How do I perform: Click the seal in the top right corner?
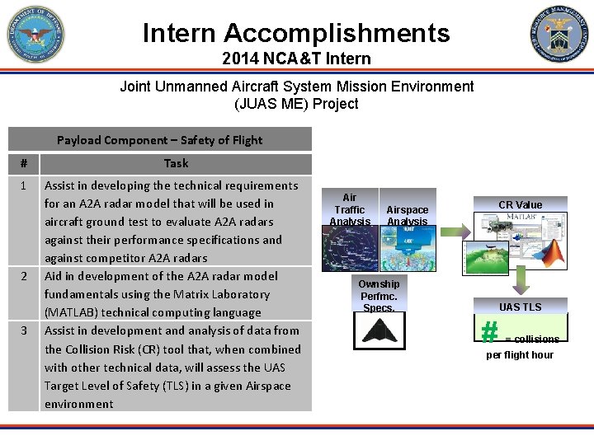click(x=559, y=34)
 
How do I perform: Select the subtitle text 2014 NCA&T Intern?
click(x=296, y=59)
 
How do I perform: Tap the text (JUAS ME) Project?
click(x=296, y=104)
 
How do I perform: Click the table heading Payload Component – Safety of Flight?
click(x=160, y=139)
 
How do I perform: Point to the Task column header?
click(x=176, y=163)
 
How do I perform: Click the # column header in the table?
click(x=23, y=163)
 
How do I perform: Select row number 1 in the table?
click(x=23, y=185)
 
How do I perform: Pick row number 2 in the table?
click(x=23, y=276)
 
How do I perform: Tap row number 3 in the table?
click(x=23, y=330)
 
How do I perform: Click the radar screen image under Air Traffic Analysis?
click(x=349, y=247)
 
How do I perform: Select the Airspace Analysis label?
click(x=408, y=215)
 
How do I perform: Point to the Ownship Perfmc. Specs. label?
click(x=379, y=296)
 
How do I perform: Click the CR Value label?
click(x=520, y=204)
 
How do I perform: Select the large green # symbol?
click(x=489, y=331)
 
